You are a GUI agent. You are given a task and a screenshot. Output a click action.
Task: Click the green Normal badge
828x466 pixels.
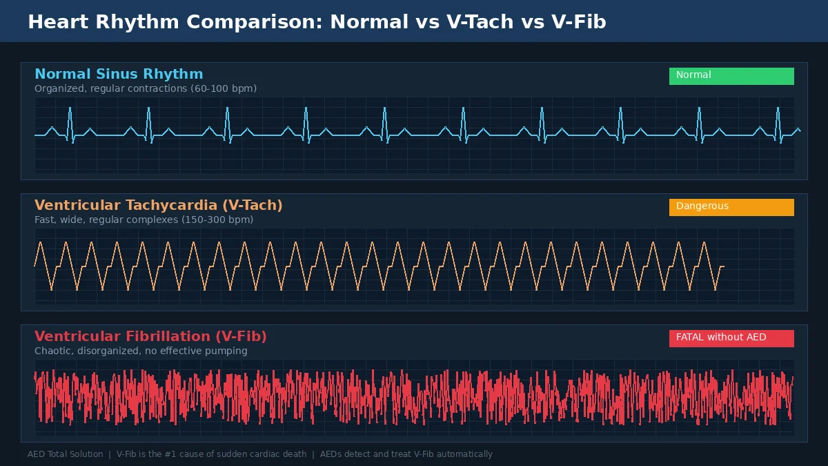click(731, 76)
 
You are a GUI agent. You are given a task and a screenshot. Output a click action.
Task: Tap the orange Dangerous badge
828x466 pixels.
click(731, 207)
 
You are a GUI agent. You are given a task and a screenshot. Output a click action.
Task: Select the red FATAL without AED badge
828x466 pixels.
click(731, 338)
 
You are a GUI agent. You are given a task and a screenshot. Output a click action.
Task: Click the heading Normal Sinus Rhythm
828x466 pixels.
click(119, 75)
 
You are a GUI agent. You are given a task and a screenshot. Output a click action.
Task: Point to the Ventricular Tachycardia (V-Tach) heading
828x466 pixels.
click(159, 206)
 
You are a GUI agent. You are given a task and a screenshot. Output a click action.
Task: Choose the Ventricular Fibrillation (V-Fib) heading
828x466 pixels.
click(150, 337)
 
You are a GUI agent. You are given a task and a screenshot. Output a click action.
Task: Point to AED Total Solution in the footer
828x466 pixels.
click(65, 454)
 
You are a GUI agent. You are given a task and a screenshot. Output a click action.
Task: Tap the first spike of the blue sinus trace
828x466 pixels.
click(70, 109)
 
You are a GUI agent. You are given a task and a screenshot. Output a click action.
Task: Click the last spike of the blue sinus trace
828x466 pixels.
click(778, 109)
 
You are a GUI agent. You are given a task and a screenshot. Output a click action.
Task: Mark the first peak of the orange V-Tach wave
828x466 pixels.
click(41, 243)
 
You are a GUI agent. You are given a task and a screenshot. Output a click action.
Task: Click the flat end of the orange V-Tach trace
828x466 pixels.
click(721, 266)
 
